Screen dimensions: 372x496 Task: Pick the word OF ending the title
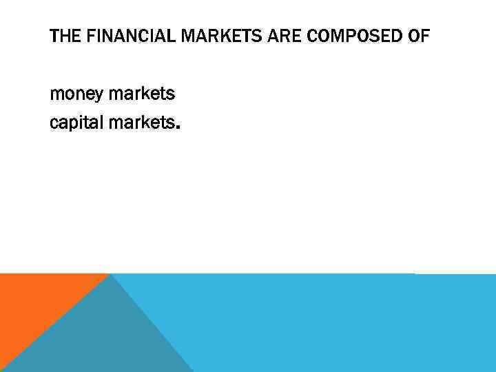click(418, 37)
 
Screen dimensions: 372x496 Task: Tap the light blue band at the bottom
click(331, 324)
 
